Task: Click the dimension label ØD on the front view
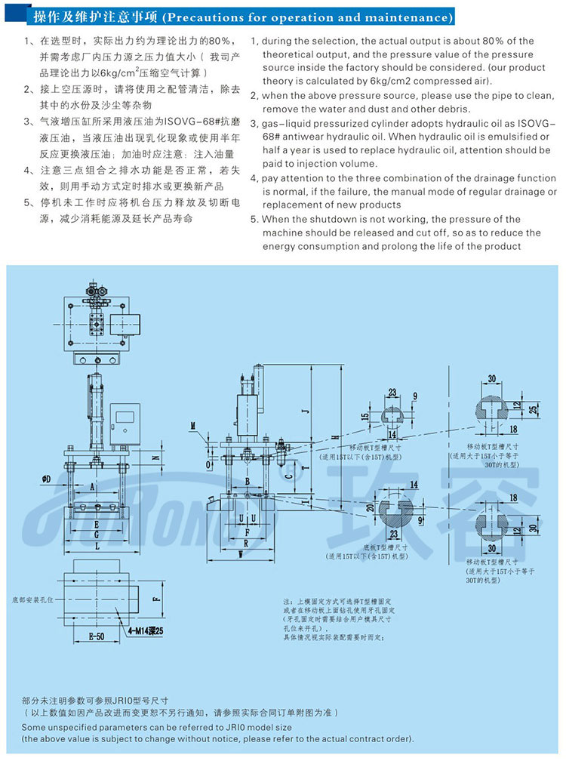coord(47,479)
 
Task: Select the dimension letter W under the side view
coord(239,553)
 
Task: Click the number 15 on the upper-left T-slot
coord(365,416)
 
